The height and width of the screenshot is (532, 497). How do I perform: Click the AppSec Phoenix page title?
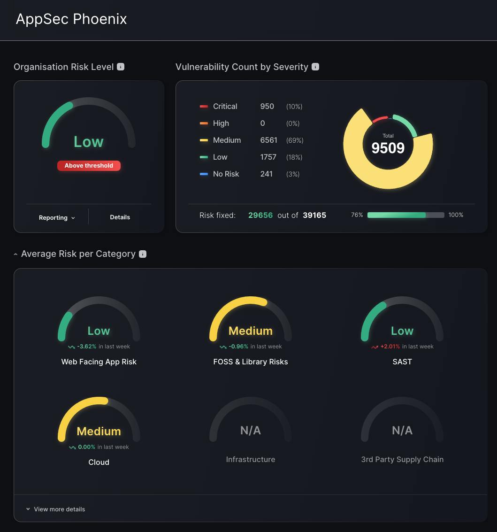(x=71, y=19)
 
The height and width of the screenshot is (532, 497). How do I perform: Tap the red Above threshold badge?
(x=89, y=166)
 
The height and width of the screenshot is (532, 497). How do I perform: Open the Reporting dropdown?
(x=57, y=217)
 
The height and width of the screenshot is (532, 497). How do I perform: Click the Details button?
(x=120, y=217)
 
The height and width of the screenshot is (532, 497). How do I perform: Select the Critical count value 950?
(x=267, y=107)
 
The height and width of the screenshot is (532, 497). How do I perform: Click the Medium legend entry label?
(x=227, y=140)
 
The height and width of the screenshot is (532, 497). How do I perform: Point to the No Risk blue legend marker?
(x=204, y=174)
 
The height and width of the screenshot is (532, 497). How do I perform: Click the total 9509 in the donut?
(x=388, y=148)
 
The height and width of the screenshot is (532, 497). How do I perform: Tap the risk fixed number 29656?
(x=260, y=215)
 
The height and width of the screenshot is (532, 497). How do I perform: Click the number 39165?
(x=314, y=215)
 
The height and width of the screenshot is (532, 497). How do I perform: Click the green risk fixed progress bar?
(x=397, y=215)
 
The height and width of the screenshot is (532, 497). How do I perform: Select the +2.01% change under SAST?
(x=390, y=347)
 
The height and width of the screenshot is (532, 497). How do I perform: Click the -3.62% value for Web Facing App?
(x=87, y=347)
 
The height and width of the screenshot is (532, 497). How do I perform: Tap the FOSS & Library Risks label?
(x=250, y=362)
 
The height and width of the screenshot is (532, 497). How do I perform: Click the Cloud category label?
(x=99, y=463)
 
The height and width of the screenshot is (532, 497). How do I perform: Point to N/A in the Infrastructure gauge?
(x=250, y=431)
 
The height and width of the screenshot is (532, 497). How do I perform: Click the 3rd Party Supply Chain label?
(x=402, y=460)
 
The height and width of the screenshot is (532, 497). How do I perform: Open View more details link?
(x=59, y=509)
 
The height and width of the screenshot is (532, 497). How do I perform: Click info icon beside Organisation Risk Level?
(x=121, y=67)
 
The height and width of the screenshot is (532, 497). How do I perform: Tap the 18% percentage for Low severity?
(x=294, y=157)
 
